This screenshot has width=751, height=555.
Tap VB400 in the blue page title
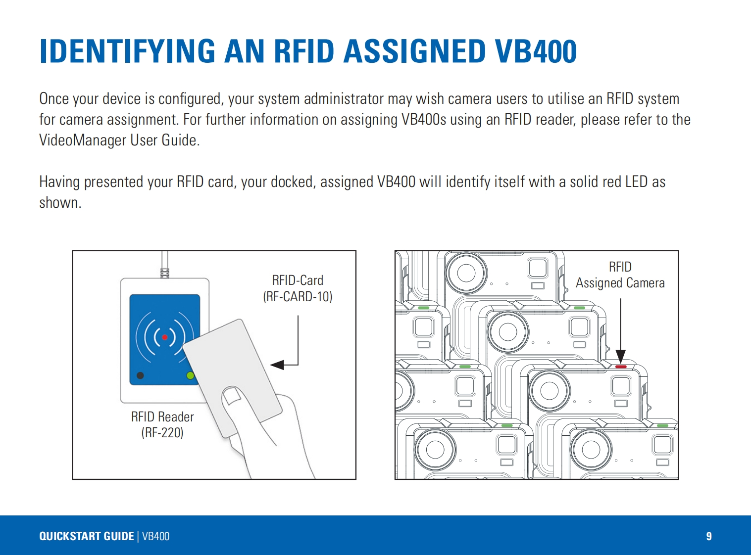[x=536, y=51]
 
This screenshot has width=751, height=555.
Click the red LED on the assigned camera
[x=621, y=367]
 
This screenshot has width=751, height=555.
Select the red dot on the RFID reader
[x=165, y=337]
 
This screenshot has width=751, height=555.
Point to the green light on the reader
[x=190, y=375]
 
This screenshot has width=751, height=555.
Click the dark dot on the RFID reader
[x=140, y=375]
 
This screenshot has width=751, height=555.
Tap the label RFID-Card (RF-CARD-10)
[x=298, y=288]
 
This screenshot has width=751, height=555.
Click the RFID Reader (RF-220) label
[x=162, y=424]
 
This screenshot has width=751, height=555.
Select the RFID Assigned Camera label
[x=620, y=275]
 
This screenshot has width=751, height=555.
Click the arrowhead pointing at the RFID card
[x=277, y=365]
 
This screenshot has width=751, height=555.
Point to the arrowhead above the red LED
[x=621, y=356]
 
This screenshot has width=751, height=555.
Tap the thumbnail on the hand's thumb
[x=231, y=395]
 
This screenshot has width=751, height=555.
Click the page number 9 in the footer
[x=709, y=536]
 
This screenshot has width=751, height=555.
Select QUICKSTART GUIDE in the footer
[x=87, y=536]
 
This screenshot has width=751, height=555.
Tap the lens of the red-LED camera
[x=549, y=390]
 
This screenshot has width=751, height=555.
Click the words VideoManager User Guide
[x=119, y=140]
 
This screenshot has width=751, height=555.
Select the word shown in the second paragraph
[x=59, y=203]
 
